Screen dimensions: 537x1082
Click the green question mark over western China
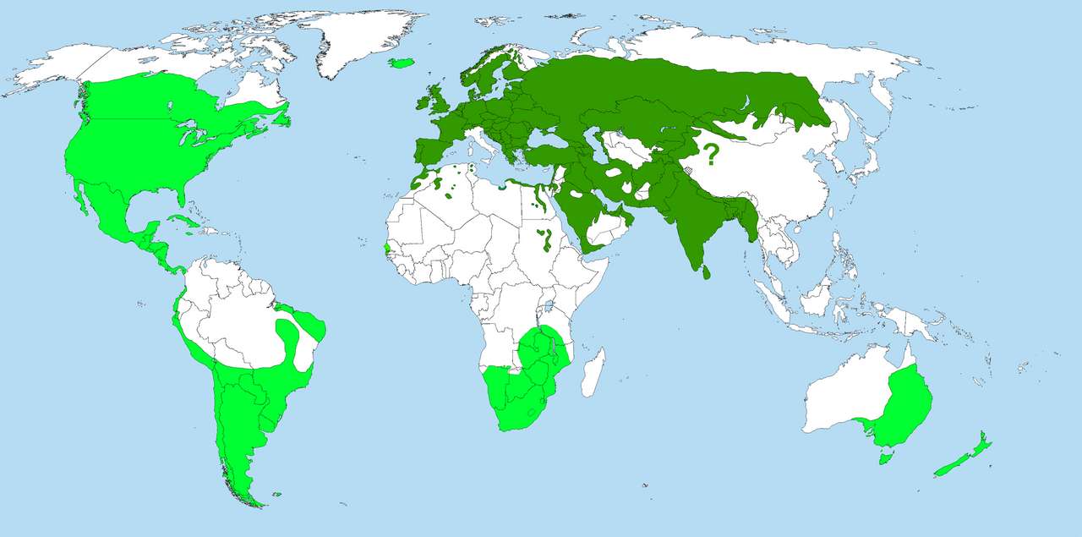tap(711, 155)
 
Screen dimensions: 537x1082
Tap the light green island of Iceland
tap(403, 63)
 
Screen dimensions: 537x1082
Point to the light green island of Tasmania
tap(885, 458)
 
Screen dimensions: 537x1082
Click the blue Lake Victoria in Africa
tap(549, 305)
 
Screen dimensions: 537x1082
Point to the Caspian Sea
tap(590, 143)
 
